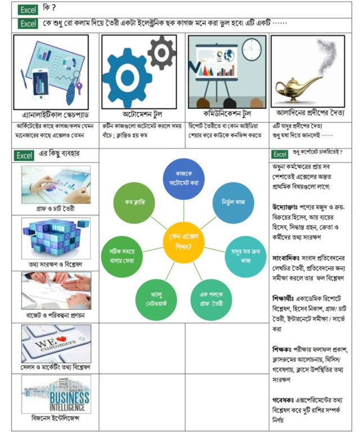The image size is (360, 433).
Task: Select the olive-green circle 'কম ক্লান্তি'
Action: tap(136, 202)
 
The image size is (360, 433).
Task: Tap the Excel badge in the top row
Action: tap(27, 10)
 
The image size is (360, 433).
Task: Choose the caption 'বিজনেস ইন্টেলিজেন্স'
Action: tap(55, 418)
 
